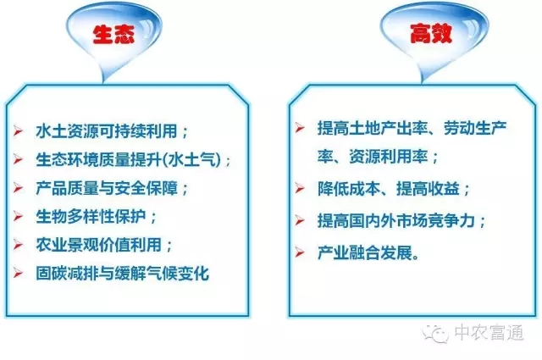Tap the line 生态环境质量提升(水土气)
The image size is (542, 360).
(x=134, y=160)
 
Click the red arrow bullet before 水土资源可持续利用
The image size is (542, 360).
(x=19, y=132)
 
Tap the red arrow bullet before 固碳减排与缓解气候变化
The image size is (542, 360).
(x=19, y=273)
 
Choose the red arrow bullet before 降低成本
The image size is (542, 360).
(x=299, y=188)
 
